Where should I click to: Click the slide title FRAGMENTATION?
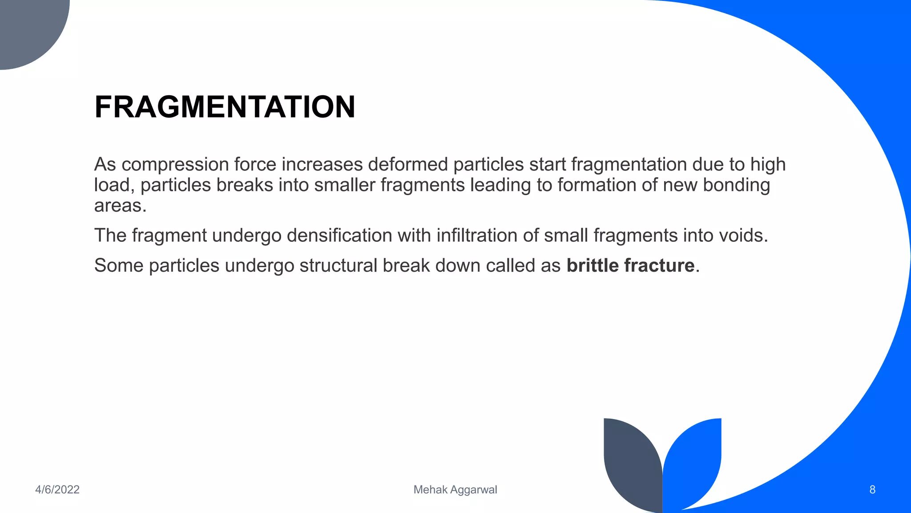tap(225, 107)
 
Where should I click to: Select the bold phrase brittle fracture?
tap(630, 265)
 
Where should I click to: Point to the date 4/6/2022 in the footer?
tap(57, 490)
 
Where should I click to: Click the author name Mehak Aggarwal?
tap(455, 490)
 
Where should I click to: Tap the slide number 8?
tap(872, 490)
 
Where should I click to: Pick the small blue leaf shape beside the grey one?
tap(694, 459)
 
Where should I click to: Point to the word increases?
tap(322, 165)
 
